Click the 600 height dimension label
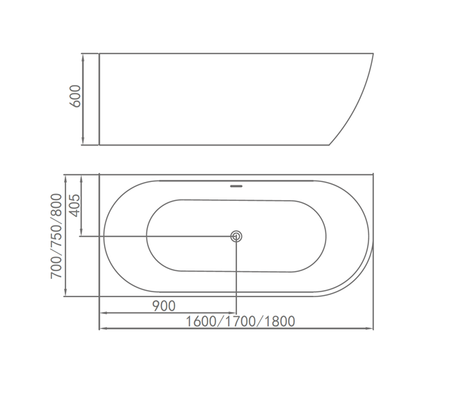pos(75,96)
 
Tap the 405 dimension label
pos(75,205)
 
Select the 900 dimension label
pos(164,306)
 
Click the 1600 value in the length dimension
pos(201,321)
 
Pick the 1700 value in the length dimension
pos(240,321)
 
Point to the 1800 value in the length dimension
pos(280,321)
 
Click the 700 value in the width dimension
pos(56,268)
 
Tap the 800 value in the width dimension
pos(56,205)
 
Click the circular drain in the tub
pos(236,237)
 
